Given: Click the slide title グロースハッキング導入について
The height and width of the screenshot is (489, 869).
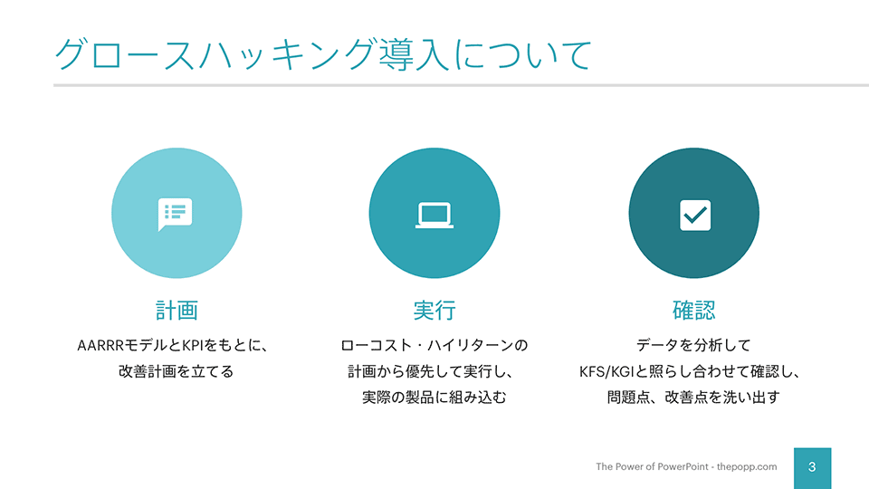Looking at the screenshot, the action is pos(323,54).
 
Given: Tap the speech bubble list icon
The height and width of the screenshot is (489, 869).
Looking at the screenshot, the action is pos(175,214).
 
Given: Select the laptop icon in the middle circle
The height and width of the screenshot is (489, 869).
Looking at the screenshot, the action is pos(434,216).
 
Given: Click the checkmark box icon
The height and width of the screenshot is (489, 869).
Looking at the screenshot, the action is pos(695,216).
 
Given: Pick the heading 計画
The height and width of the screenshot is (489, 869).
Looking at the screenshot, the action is pos(177,310).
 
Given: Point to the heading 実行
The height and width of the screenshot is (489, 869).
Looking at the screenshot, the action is pos(434,310).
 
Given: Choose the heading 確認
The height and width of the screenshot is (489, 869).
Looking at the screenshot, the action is pos(694,310).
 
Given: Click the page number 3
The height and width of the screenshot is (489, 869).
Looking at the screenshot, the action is pos(812,467).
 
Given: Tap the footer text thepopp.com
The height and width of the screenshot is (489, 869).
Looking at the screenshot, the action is pos(747,467).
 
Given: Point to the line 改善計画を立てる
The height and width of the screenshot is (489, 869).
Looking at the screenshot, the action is pos(177,371).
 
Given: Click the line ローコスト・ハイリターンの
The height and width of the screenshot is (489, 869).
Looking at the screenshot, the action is pos(434,345).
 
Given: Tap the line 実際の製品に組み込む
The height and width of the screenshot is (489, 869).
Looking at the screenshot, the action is pos(434,397).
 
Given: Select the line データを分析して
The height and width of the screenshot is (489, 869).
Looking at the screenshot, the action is pos(693,345).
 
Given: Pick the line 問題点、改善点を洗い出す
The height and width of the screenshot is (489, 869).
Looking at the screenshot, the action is pos(693,397).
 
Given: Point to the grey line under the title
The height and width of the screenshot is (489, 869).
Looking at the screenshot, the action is pos(461,85).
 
